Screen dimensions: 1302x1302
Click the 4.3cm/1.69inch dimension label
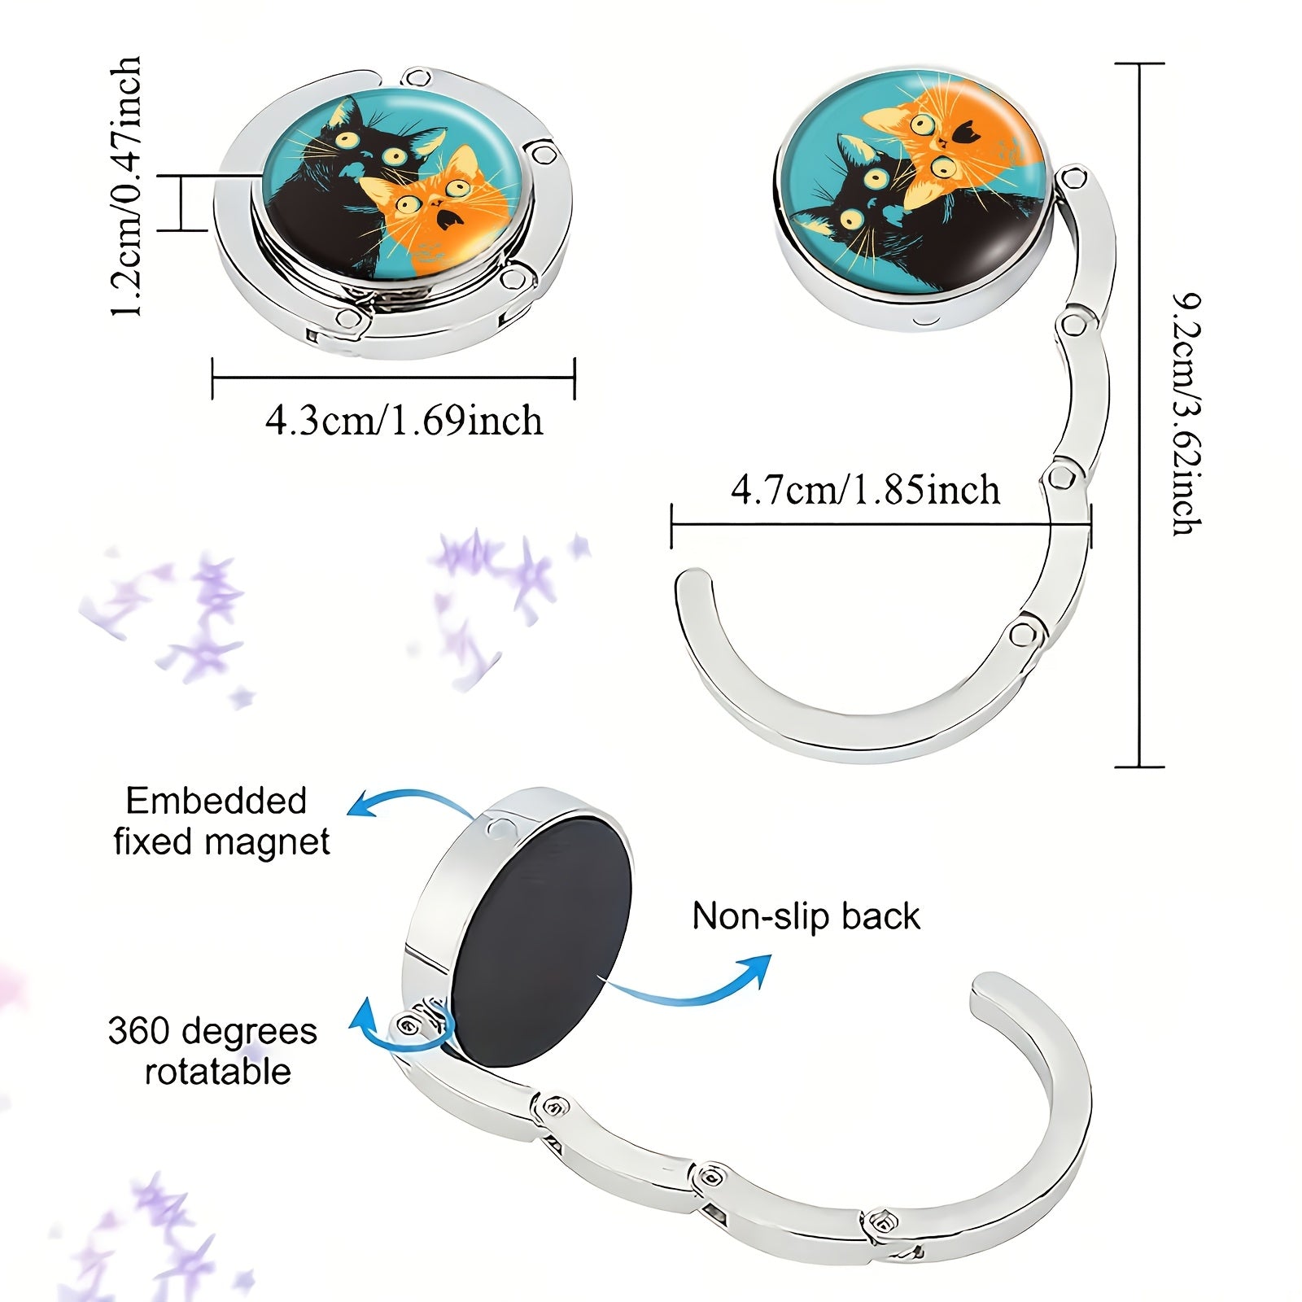[404, 421]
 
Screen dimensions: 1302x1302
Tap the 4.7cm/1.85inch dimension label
[866, 490]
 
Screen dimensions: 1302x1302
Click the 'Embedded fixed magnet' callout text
[221, 821]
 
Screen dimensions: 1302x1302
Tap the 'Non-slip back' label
[806, 916]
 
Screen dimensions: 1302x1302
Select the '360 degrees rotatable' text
[213, 1051]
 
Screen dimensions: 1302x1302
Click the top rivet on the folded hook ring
[418, 79]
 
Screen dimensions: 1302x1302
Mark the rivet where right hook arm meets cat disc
[1073, 177]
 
